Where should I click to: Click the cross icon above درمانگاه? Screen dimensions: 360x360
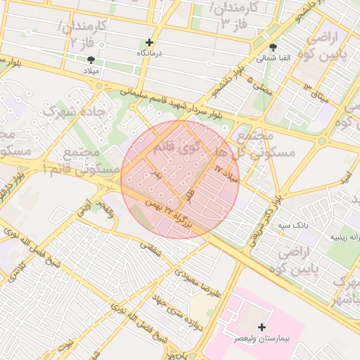coord(148,42)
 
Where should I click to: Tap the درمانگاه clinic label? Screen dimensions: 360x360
coord(148,53)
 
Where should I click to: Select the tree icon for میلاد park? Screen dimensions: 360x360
coord(90,60)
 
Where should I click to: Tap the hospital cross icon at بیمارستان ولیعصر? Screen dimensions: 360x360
coord(262,327)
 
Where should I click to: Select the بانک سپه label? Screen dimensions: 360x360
coord(293,225)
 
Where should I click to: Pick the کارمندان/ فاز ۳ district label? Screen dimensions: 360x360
coord(233,16)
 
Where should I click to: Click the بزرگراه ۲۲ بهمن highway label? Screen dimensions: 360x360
coord(167,214)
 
